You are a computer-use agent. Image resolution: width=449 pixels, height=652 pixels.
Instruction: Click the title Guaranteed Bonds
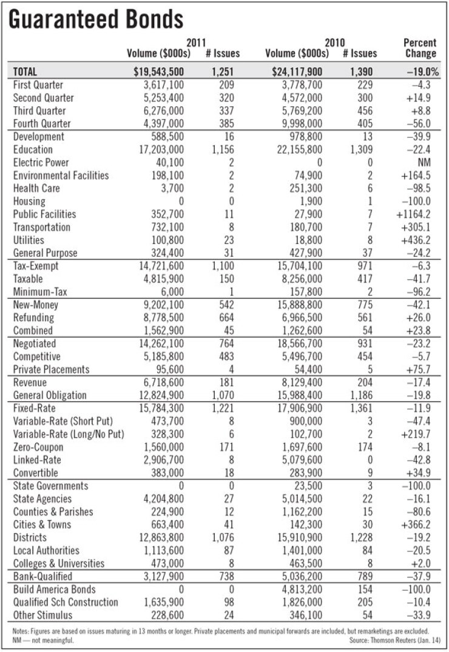tap(95, 19)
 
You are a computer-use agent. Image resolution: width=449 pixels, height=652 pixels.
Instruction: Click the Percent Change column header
tap(420, 48)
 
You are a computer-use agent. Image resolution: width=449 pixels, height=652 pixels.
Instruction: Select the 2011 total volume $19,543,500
tap(158, 72)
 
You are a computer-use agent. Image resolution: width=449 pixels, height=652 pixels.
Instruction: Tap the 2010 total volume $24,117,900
tap(297, 72)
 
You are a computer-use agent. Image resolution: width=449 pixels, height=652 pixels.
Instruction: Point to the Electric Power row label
tap(41, 163)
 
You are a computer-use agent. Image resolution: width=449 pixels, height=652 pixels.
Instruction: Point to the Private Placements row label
tap(51, 369)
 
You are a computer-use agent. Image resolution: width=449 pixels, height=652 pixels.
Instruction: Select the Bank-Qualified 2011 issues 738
tap(223, 576)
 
